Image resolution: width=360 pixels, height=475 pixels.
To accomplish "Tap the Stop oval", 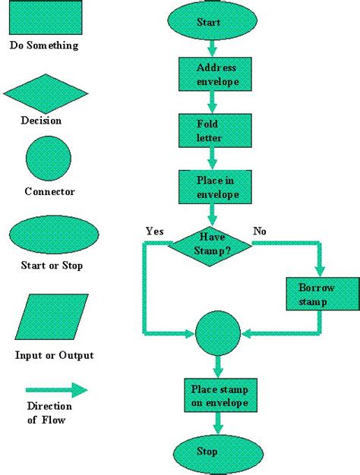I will click(x=208, y=452).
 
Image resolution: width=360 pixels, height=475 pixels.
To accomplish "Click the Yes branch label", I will click(x=155, y=231).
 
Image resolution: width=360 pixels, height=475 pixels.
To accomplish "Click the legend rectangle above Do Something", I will click(x=46, y=17).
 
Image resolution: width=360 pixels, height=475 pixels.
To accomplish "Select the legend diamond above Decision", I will click(x=46, y=93).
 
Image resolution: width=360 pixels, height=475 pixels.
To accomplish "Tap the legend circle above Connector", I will click(x=49, y=160).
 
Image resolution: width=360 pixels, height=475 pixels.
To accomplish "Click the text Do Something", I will click(x=44, y=46).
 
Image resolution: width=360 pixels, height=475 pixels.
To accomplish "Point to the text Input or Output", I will click(x=55, y=355).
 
